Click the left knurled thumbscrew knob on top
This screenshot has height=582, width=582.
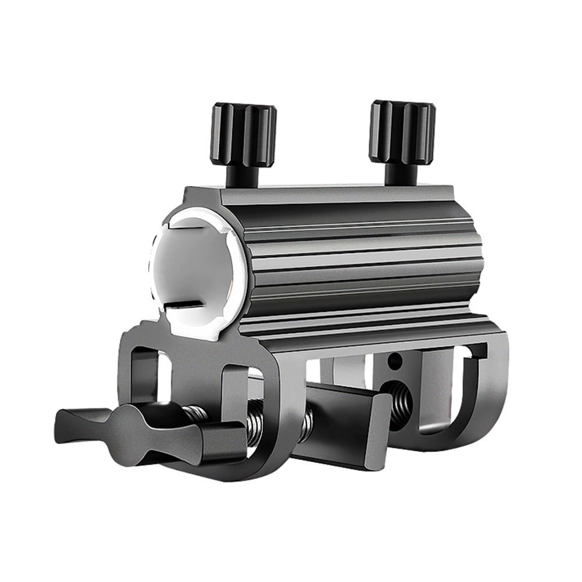coord(243,134)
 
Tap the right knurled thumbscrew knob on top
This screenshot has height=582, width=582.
coord(402,131)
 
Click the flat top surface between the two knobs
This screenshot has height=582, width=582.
coord(326,192)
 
